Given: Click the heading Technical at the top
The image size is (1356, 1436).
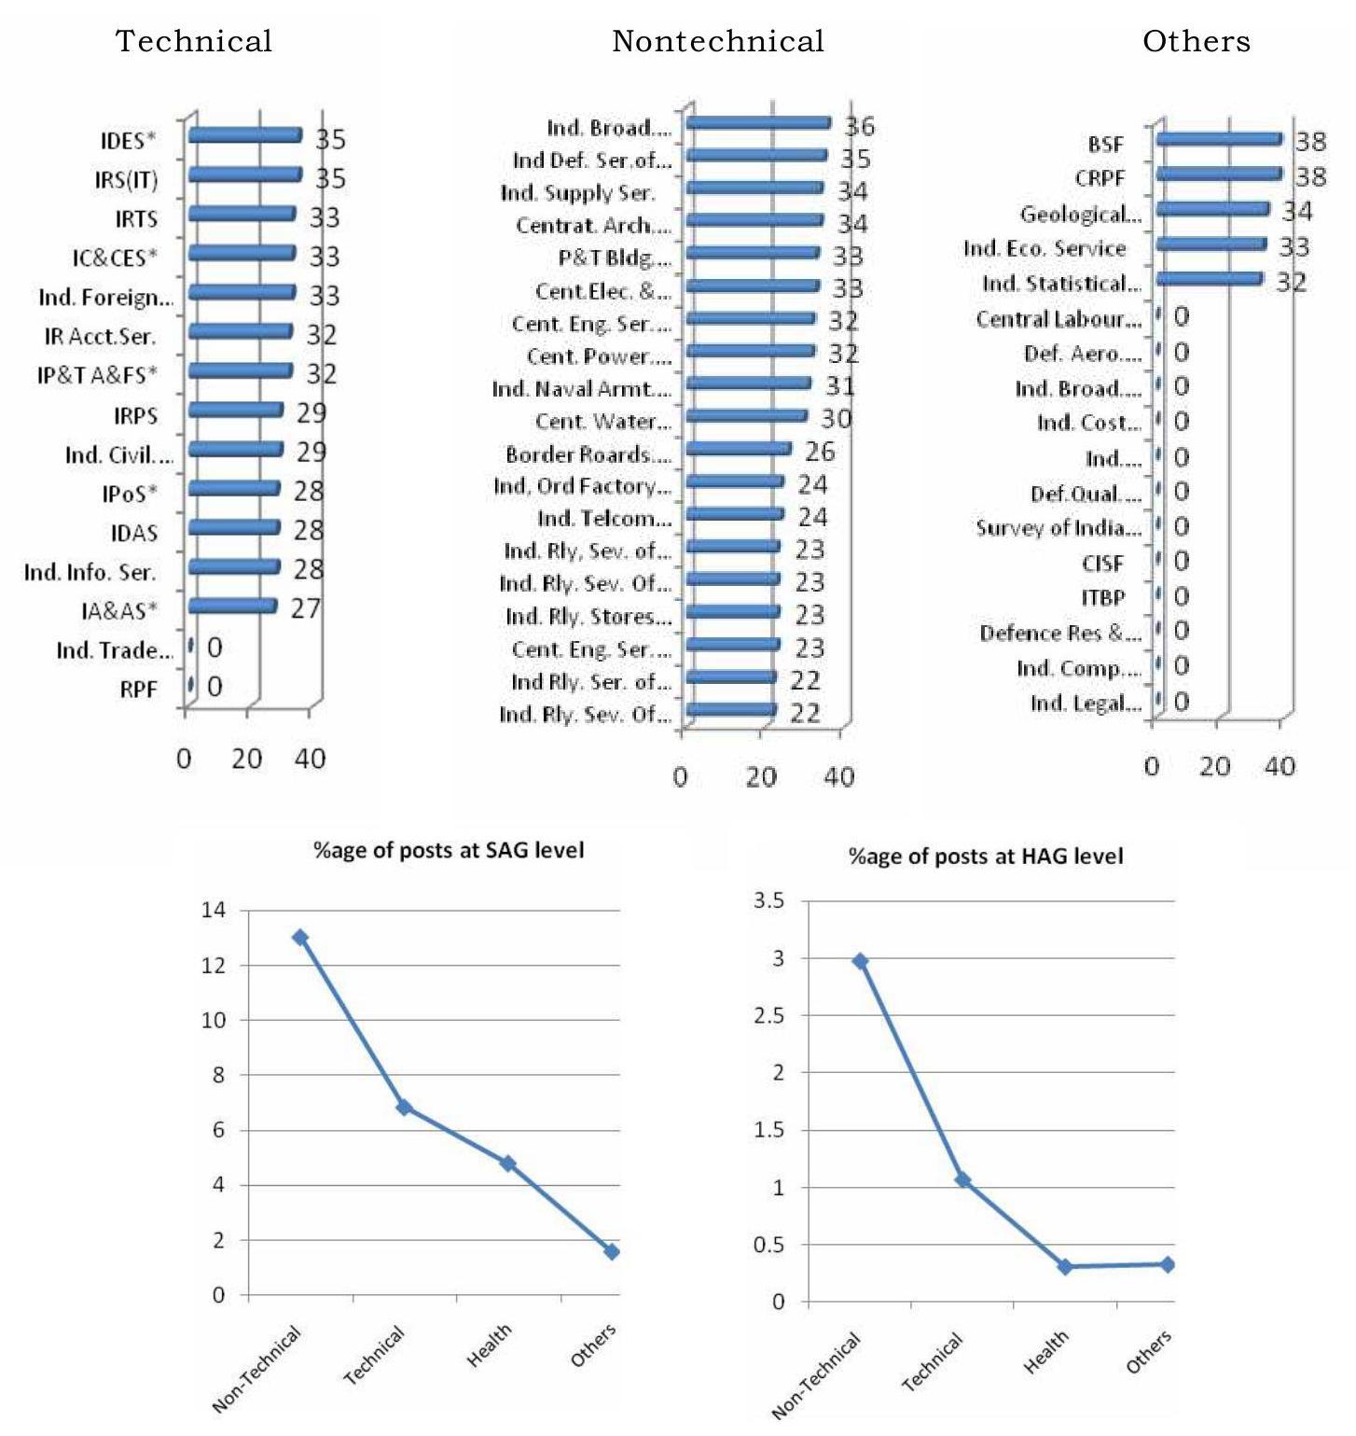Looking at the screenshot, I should tap(194, 41).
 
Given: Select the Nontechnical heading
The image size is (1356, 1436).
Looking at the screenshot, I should tap(717, 41).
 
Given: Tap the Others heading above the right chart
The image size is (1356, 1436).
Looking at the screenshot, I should tap(1197, 41).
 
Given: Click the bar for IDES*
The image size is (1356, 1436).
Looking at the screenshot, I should tap(244, 136).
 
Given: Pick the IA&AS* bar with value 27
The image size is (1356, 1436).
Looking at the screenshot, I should tap(232, 606).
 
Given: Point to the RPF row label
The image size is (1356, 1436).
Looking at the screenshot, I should tap(138, 690).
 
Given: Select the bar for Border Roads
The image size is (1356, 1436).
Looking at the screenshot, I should tap(738, 450).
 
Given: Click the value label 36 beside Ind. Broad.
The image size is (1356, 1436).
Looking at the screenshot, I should tap(859, 126).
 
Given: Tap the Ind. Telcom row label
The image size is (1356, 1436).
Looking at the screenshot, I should tap(604, 519).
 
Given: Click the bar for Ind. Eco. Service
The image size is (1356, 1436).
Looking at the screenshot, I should tap(1211, 244).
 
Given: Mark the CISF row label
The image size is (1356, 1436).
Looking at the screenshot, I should tap(1103, 564).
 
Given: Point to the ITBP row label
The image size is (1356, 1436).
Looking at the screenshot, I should tap(1103, 598).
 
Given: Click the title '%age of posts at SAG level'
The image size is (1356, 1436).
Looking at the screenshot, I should tap(449, 850).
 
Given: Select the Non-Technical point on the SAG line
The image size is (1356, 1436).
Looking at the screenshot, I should tap(300, 937).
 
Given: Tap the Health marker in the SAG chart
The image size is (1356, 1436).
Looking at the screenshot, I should tap(507, 1164).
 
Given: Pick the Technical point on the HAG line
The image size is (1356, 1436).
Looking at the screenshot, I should tap(962, 1180).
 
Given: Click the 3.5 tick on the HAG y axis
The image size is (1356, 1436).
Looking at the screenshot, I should tap(769, 901).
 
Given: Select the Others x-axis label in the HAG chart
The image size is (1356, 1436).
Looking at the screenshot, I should tap(1149, 1352).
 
